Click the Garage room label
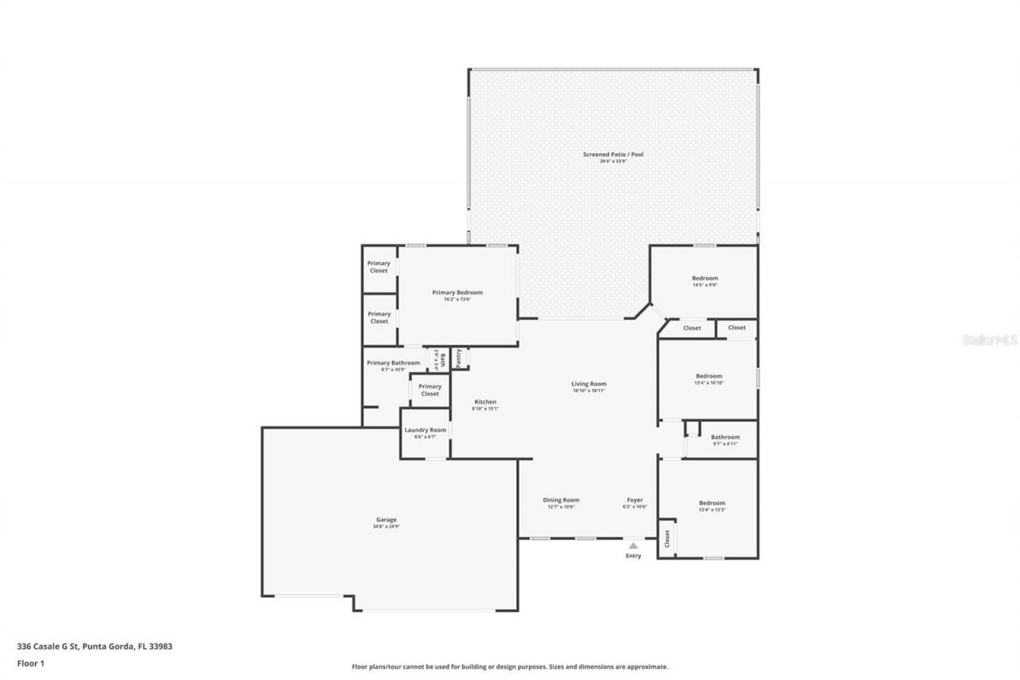tap(386, 520)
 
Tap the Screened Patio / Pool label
tap(613, 154)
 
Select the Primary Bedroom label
tap(457, 293)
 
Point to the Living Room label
tap(589, 383)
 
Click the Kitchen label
tap(485, 402)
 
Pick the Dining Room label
tap(561, 500)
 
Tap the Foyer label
tap(634, 500)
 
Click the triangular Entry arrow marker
tap(633, 545)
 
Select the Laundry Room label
tap(425, 430)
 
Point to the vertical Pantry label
tap(459, 358)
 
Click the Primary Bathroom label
tap(393, 363)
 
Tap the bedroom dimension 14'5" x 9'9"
tap(704, 285)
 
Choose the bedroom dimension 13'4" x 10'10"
tap(708, 383)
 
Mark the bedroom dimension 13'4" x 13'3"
tap(712, 509)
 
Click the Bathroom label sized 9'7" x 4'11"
tap(725, 437)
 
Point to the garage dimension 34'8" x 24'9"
tap(386, 526)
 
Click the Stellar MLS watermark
tap(990, 340)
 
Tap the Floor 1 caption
tap(30, 662)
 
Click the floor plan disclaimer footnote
tap(510, 666)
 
